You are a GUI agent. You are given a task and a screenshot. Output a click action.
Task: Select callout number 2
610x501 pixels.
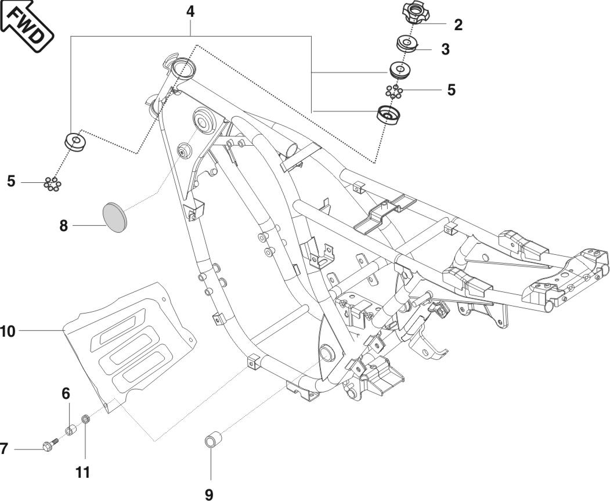pos(458,24)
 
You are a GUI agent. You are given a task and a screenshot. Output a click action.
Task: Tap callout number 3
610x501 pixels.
pos(445,49)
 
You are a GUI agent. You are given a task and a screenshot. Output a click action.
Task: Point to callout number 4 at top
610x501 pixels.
pos(190,11)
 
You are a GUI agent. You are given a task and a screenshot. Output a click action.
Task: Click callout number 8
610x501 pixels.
pos(63,225)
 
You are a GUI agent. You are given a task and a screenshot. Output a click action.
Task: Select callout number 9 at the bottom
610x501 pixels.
pos(209,495)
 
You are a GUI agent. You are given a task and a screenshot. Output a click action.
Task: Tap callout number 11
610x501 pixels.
pos(84,472)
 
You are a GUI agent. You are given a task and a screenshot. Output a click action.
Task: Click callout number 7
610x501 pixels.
pos(4,449)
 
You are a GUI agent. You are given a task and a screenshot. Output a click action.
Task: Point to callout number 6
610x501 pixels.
pos(66,394)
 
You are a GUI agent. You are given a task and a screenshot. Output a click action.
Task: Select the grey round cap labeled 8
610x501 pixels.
pos(114,217)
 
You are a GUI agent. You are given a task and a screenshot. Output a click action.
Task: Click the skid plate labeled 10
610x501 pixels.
pos(125,343)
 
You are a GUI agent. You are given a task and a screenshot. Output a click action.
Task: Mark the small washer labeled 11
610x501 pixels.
pos(85,419)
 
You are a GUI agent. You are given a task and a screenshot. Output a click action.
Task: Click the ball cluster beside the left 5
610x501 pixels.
pos(52,184)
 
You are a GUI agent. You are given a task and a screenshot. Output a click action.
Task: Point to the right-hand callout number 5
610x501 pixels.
pos(451,91)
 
